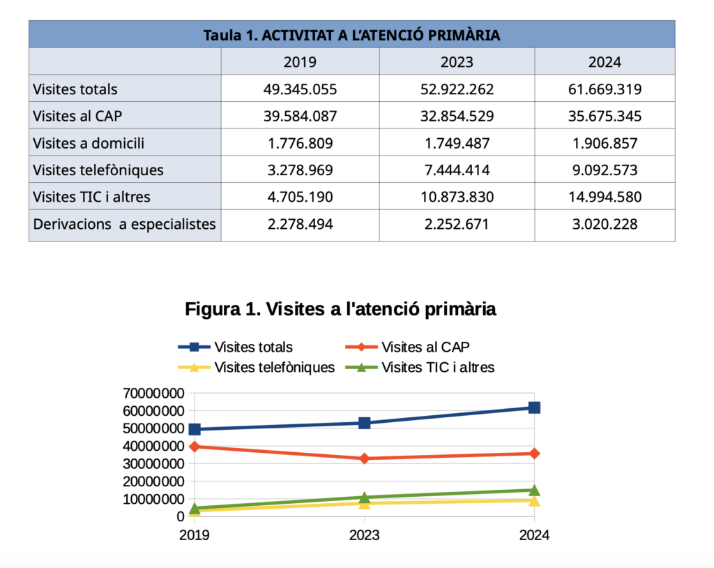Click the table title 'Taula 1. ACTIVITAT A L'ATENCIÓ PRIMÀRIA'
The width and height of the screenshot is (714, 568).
coord(351,34)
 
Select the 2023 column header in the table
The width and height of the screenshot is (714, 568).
coord(457,62)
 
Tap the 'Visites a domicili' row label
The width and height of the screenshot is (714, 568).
coord(89,143)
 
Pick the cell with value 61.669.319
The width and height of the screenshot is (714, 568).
coord(605,89)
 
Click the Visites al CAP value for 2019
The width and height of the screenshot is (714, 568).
coord(300,116)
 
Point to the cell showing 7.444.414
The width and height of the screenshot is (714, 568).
coord(457,170)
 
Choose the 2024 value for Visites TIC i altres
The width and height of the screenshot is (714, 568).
coord(605,197)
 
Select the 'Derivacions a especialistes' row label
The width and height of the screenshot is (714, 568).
coord(124,225)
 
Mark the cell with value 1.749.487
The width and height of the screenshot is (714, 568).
coord(457,143)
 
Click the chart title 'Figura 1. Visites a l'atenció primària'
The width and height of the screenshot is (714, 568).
coord(340,309)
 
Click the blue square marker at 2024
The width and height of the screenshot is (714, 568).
coord(534,408)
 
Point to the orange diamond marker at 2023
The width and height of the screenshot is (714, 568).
coord(364,458)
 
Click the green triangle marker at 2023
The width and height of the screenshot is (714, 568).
coord(364,498)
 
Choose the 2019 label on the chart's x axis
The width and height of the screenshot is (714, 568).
coord(194,536)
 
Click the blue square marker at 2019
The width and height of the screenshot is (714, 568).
coord(195,429)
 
